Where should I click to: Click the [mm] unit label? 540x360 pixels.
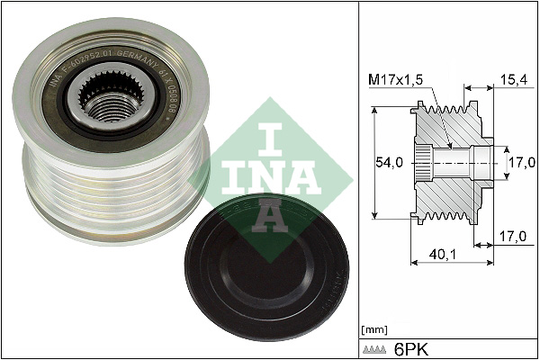(x=372, y=329)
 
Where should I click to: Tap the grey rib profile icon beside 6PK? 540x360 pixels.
(x=373, y=347)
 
